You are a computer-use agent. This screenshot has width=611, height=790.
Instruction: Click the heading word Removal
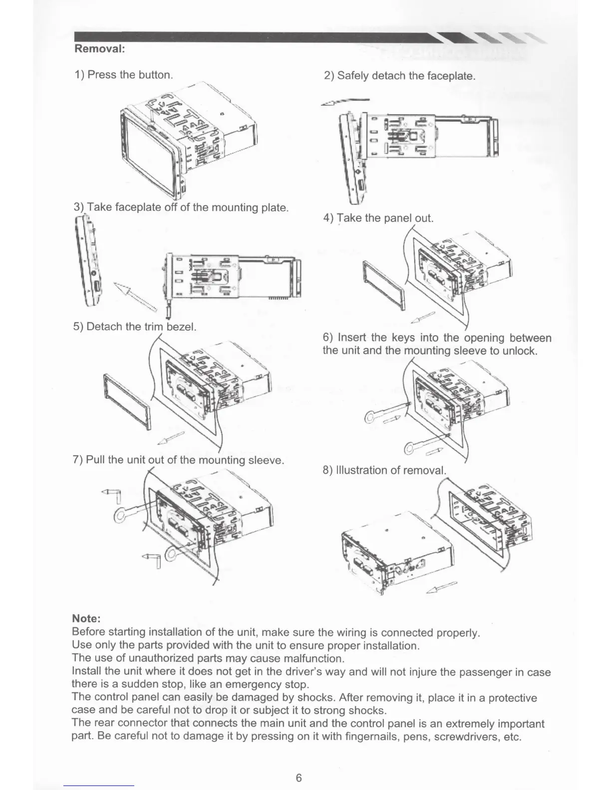[x=99, y=49]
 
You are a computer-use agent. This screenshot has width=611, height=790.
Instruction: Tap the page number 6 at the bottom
[x=299, y=778]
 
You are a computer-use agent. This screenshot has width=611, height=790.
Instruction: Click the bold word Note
[x=87, y=619]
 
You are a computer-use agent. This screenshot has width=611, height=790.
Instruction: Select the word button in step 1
[x=155, y=75]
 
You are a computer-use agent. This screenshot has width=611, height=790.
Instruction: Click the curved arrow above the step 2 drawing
[x=346, y=101]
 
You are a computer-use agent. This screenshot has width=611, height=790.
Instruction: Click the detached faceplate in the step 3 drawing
[x=88, y=264]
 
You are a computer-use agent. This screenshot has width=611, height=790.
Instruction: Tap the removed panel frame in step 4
[x=383, y=286]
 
